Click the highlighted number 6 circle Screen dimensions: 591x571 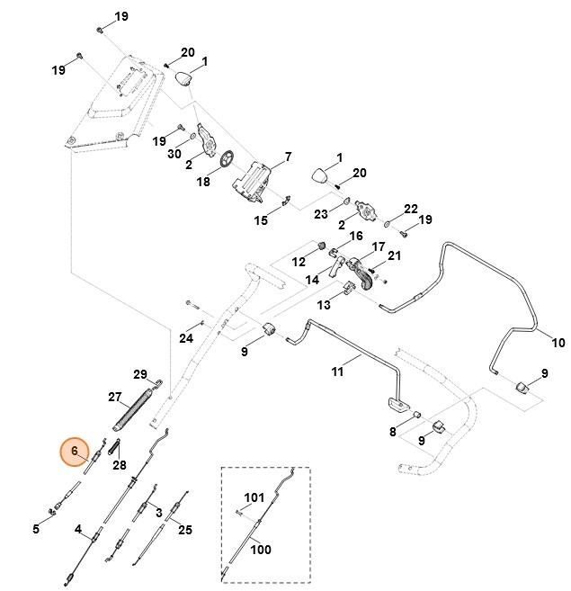(x=76, y=450)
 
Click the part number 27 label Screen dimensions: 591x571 (x=114, y=397)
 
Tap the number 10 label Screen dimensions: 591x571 (x=558, y=343)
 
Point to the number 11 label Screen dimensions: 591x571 (x=337, y=371)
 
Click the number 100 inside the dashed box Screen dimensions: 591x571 (x=260, y=550)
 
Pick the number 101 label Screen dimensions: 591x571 (x=254, y=497)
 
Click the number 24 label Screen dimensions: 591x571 (x=186, y=338)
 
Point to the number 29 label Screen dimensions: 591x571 (x=139, y=374)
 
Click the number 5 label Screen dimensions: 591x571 (x=36, y=529)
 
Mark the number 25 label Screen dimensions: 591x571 (x=185, y=531)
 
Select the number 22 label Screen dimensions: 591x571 (x=411, y=209)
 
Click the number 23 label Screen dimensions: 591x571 (x=320, y=214)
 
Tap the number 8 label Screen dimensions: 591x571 (x=392, y=433)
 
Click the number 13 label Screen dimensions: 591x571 (x=322, y=305)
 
